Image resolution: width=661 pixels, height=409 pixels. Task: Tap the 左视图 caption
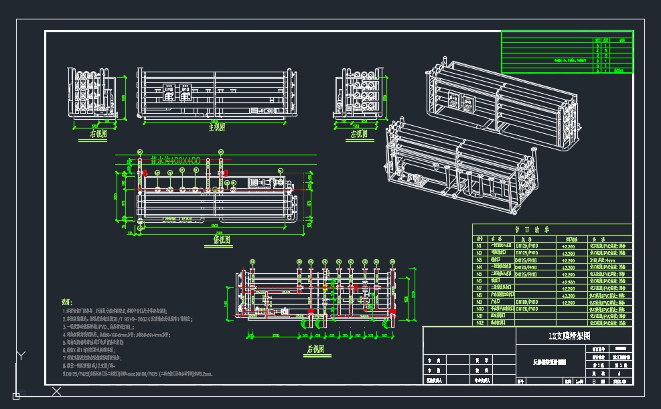pyautogui.click(x=360, y=133)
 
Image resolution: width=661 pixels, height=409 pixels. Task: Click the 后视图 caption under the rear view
pyautogui.click(x=315, y=349)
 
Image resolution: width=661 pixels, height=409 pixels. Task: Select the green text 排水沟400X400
pyautogui.click(x=175, y=161)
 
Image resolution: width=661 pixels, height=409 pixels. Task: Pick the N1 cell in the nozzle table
pyautogui.click(x=480, y=246)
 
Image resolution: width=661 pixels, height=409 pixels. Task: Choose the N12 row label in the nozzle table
pyautogui.click(x=480, y=323)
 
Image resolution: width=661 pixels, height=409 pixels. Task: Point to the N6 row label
pyautogui.click(x=480, y=281)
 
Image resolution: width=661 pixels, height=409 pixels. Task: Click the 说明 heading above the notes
pyautogui.click(x=67, y=303)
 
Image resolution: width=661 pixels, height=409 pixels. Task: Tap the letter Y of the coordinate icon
pyautogui.click(x=22, y=355)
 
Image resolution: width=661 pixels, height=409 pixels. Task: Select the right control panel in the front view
pyautogui.click(x=184, y=92)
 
